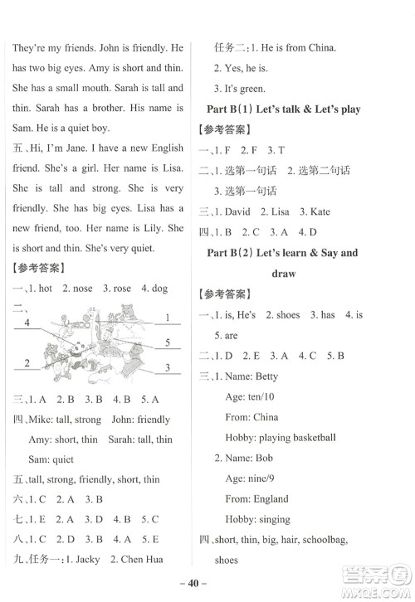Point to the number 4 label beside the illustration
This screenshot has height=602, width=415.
point(27,322)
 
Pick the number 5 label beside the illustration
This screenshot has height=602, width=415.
point(167,342)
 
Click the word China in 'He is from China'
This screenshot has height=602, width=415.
point(320,48)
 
